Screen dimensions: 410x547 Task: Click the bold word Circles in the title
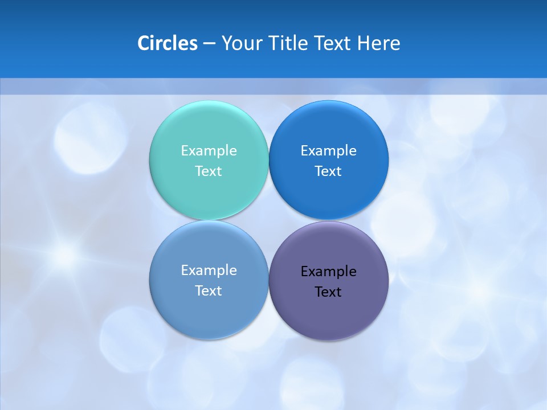[167, 43]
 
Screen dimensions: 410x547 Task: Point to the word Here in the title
[378, 43]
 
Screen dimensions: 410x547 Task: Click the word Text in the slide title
[333, 43]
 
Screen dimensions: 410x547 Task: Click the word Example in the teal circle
[209, 150]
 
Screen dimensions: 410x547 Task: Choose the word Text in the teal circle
[209, 171]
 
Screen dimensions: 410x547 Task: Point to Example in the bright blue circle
[329, 150]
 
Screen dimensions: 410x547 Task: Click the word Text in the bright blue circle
[329, 171]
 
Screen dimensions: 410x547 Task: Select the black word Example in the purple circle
[329, 271]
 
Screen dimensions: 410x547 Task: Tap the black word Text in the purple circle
[329, 292]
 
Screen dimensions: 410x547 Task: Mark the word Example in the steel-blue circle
[209, 270]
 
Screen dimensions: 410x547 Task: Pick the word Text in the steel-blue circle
[209, 290]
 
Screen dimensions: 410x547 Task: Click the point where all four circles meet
[269, 220]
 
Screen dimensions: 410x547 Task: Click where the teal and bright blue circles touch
[269, 160]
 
